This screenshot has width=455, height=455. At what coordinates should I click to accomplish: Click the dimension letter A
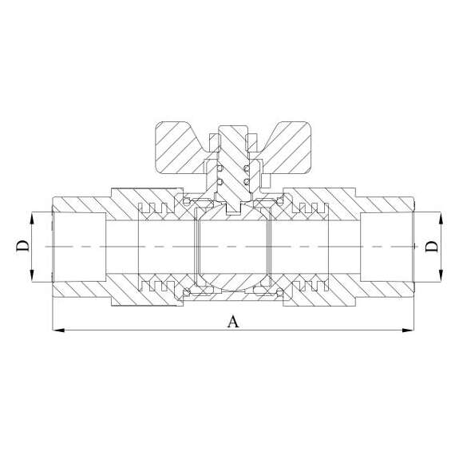[233, 322]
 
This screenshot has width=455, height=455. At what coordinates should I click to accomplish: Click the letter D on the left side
[22, 246]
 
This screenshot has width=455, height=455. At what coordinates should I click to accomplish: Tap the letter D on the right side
[432, 246]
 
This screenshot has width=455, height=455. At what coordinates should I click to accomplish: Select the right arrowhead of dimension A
[408, 330]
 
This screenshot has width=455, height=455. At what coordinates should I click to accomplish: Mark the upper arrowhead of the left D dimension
[32, 218]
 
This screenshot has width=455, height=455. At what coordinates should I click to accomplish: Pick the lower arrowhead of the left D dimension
[32, 275]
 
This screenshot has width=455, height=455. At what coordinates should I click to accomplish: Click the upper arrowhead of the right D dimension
[441, 218]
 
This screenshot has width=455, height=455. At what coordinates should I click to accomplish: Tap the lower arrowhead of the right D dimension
[441, 275]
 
